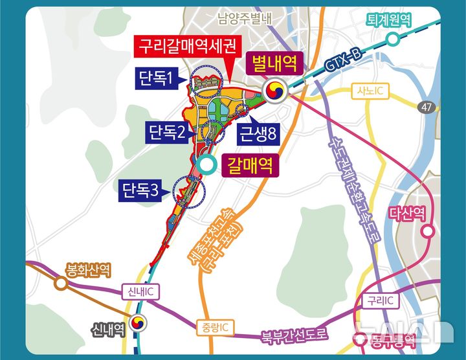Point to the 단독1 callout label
click(156, 80)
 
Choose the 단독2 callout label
click(167, 134)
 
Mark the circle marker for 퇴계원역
click(392, 39)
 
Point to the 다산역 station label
click(408, 212)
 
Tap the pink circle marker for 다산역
click(428, 231)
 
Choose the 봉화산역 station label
click(88, 268)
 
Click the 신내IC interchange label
click(140, 293)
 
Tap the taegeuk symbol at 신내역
click(138, 322)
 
